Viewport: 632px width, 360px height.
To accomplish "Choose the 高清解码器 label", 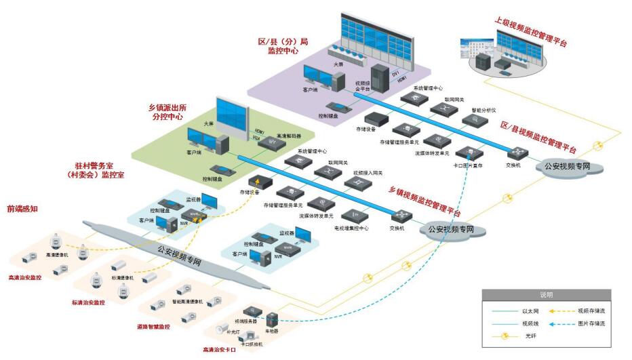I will click(x=289, y=136).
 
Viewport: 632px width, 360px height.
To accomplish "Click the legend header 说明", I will click(x=546, y=296).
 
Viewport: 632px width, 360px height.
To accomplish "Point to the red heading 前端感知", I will click(x=22, y=209).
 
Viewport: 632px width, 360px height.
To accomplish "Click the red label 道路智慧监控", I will click(x=153, y=326).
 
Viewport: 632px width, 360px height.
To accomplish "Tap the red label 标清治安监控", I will click(x=89, y=302).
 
